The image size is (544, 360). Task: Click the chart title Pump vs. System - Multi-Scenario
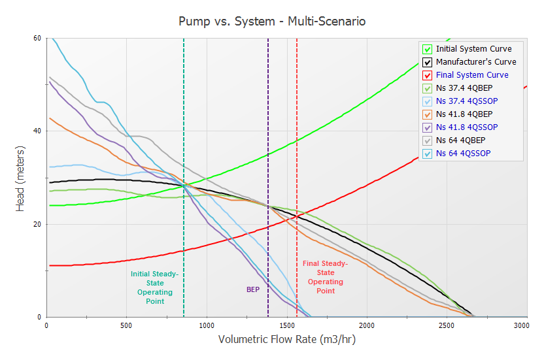272,21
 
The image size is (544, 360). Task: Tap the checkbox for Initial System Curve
428,49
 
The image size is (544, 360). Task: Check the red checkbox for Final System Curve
428,75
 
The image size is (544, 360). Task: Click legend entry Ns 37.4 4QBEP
467,88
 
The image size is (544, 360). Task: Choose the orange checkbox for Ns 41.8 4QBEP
428,114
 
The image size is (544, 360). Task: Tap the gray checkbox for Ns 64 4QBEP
428,140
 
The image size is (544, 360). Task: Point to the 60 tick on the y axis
37,38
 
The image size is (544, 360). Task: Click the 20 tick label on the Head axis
37,224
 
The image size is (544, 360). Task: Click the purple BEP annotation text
253,289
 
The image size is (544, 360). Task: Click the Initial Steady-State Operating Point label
155,287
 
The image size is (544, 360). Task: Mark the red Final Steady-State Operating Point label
325,277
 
